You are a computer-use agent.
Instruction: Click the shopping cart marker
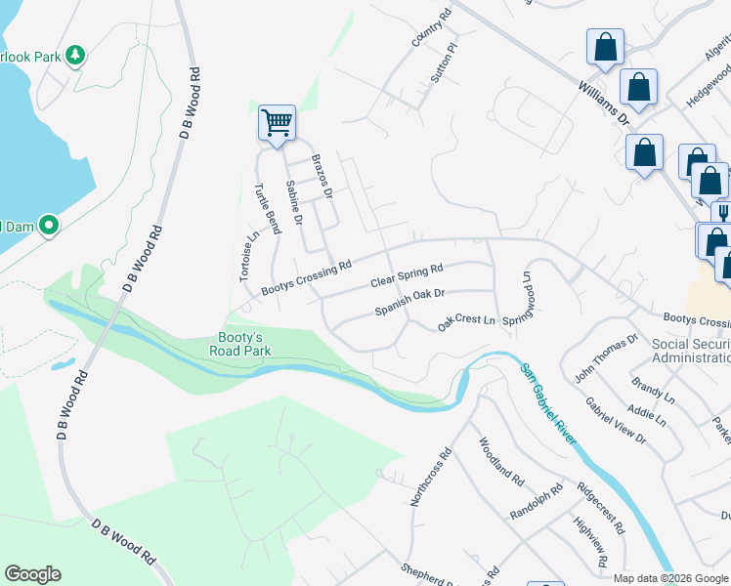(278, 123)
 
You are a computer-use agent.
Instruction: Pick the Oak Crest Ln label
(466, 319)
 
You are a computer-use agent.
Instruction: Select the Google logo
(32, 574)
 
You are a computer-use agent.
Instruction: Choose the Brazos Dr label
(322, 176)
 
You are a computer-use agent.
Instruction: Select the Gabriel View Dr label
(616, 421)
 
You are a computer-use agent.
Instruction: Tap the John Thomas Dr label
(606, 357)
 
